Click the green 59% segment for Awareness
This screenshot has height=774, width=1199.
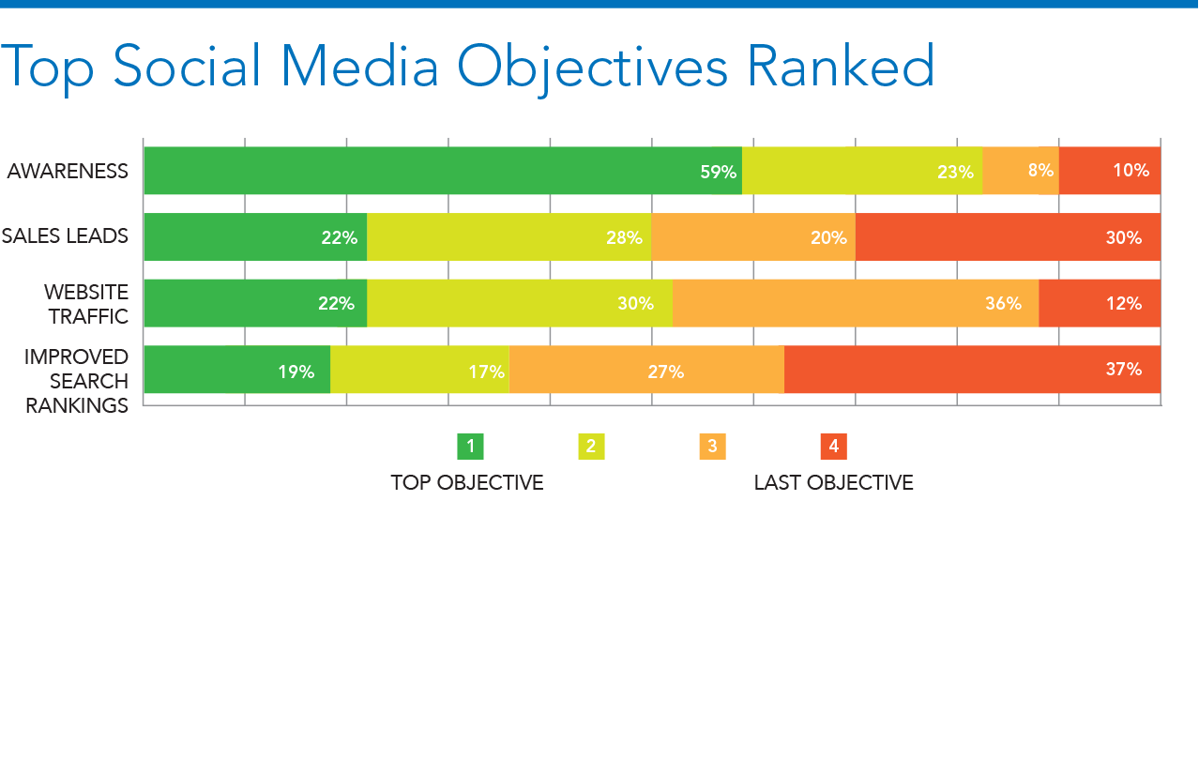(x=443, y=171)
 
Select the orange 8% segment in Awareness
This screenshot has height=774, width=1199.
(x=1021, y=171)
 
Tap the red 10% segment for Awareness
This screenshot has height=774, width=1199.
(x=1110, y=171)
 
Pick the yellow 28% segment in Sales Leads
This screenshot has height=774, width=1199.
(x=509, y=237)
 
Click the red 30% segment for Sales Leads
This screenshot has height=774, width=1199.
(x=1009, y=237)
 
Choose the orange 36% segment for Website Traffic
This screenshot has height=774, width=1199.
(x=856, y=303)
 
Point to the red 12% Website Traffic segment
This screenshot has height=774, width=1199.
(x=1100, y=303)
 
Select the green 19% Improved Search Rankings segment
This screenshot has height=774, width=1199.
(x=237, y=370)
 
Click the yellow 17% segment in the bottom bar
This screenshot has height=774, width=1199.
(x=419, y=370)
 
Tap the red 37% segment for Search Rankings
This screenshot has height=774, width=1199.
(x=973, y=370)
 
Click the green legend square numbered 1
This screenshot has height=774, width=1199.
(x=471, y=447)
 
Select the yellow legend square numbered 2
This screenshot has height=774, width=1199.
(x=591, y=447)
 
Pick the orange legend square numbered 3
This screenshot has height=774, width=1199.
(x=713, y=447)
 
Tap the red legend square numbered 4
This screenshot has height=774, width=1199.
(x=834, y=447)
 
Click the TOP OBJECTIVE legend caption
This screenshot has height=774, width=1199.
(x=467, y=483)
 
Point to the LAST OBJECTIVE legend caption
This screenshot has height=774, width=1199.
(x=833, y=483)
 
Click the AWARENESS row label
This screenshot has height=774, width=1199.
(x=68, y=172)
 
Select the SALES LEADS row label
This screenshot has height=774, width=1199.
(x=65, y=236)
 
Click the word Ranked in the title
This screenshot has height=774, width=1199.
(x=841, y=65)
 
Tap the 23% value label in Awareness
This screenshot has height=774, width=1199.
(x=955, y=173)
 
